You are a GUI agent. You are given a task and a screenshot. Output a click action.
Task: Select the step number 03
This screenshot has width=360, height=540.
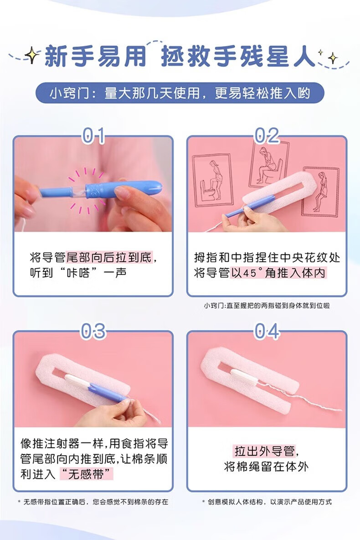(93, 331)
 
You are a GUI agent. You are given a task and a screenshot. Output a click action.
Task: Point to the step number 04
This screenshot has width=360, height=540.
(267, 331)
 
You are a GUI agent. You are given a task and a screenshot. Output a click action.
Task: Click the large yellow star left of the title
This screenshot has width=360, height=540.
(31, 55)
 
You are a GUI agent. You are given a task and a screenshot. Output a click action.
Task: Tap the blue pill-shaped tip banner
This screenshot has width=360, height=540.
(180, 93)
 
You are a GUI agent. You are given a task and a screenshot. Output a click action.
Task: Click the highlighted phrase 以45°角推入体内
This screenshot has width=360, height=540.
(278, 273)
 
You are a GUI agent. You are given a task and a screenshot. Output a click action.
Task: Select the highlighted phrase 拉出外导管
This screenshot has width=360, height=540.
(264, 451)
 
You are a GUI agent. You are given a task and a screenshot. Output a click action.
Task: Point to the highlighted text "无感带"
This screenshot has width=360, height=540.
(87, 474)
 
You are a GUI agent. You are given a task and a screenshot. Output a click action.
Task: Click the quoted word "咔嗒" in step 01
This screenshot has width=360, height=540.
(78, 273)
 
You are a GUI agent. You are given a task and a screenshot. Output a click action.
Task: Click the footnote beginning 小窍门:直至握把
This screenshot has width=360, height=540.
(267, 306)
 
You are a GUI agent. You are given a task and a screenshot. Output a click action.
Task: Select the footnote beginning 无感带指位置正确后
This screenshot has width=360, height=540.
(93, 502)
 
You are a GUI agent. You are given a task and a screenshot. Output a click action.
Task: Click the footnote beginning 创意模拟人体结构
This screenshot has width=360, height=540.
(267, 502)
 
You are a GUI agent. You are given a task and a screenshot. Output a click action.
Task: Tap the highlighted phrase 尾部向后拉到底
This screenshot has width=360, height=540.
(109, 257)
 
